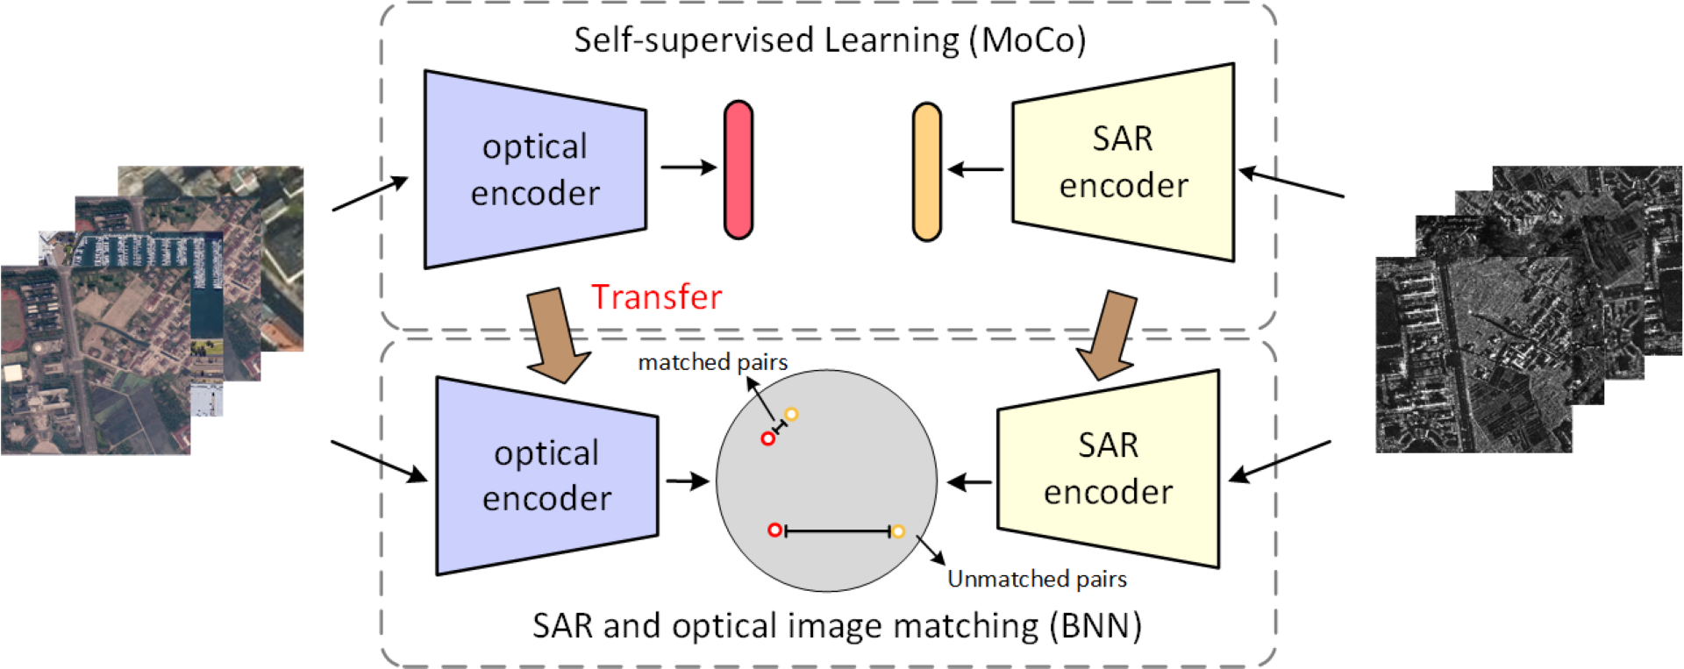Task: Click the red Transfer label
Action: [x=656, y=297]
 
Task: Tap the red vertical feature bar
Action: [x=739, y=170]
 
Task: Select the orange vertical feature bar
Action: [x=926, y=172]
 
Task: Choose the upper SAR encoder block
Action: [x=1124, y=162]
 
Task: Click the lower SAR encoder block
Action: [x=1109, y=469]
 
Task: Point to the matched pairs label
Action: [x=712, y=362]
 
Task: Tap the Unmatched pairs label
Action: [x=1037, y=579]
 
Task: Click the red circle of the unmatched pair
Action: [x=774, y=530]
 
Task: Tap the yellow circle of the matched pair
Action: [x=791, y=415]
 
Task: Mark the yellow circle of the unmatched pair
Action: [x=898, y=531]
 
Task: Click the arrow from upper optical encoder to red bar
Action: [x=688, y=167]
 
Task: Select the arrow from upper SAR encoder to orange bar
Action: [x=975, y=169]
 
